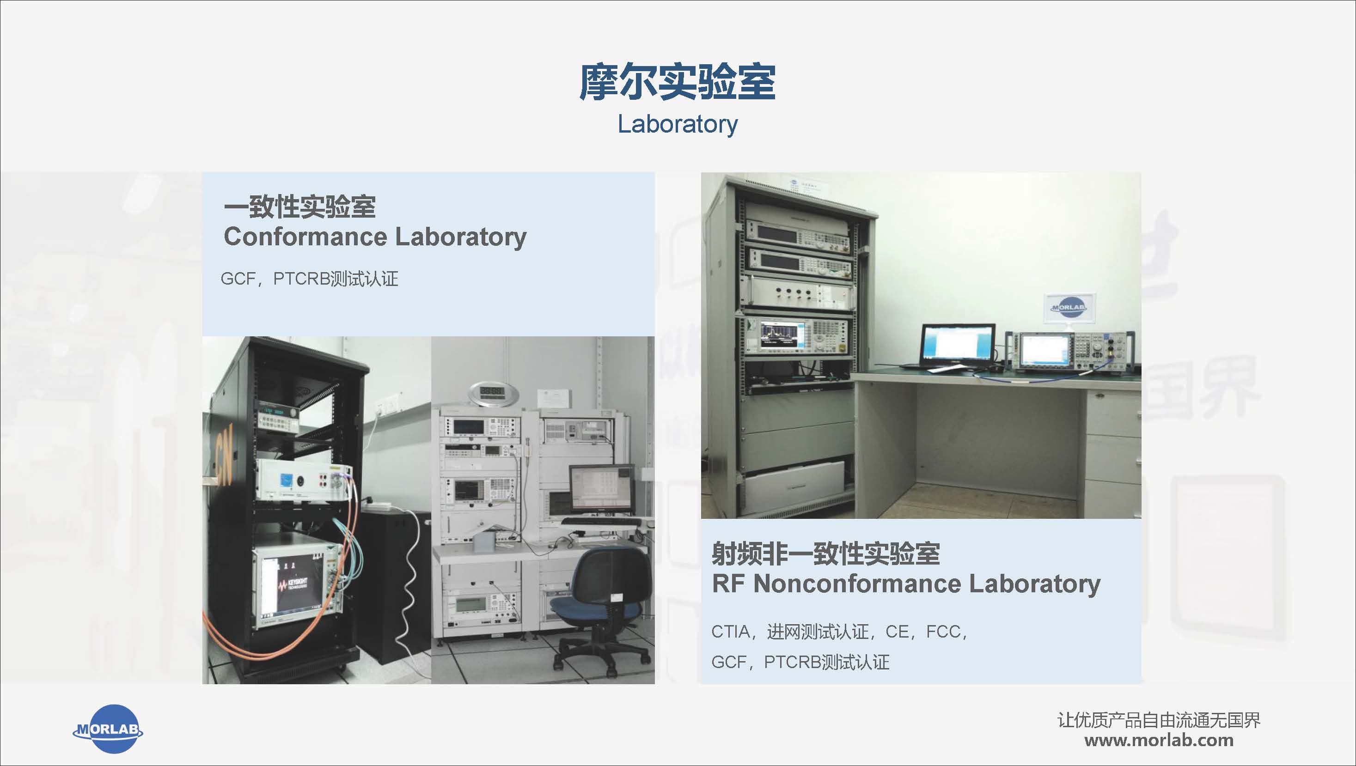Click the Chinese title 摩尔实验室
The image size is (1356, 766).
pos(678,82)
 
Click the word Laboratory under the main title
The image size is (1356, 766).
pos(678,125)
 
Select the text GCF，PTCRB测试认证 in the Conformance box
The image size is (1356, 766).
pos(310,279)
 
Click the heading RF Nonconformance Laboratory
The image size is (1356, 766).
pos(906,584)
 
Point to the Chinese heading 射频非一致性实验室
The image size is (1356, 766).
pos(825,553)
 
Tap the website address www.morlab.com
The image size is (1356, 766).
pos(1159,741)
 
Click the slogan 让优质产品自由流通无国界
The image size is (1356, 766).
pos(1159,720)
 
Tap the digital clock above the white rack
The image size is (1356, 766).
pos(487,393)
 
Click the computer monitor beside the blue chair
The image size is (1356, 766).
pos(602,489)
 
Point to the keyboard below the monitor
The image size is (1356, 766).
pos(601,522)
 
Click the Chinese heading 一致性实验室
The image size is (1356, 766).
pos(299,207)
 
